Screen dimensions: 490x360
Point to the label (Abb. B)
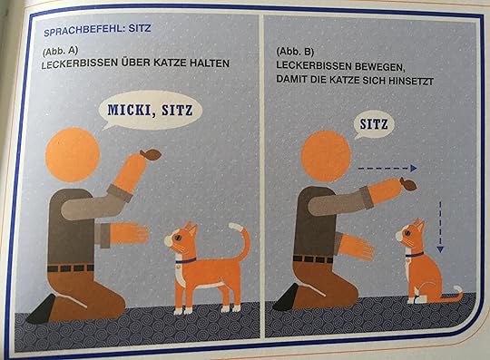[295, 52]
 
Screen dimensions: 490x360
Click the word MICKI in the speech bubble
[129, 111]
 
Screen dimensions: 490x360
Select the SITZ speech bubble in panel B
[374, 124]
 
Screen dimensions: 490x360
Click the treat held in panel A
[151, 154]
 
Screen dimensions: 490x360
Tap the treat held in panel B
[407, 183]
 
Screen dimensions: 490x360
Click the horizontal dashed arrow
[387, 169]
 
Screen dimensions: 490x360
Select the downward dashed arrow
[440, 227]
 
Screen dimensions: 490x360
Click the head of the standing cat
[181, 237]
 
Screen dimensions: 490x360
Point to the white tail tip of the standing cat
[235, 227]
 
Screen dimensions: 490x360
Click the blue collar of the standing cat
[186, 260]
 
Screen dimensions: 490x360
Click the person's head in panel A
[73, 154]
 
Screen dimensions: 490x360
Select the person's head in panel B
[326, 157]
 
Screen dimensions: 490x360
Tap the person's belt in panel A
[71, 268]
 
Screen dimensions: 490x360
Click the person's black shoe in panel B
[286, 297]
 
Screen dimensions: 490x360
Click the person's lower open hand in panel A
[130, 234]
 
